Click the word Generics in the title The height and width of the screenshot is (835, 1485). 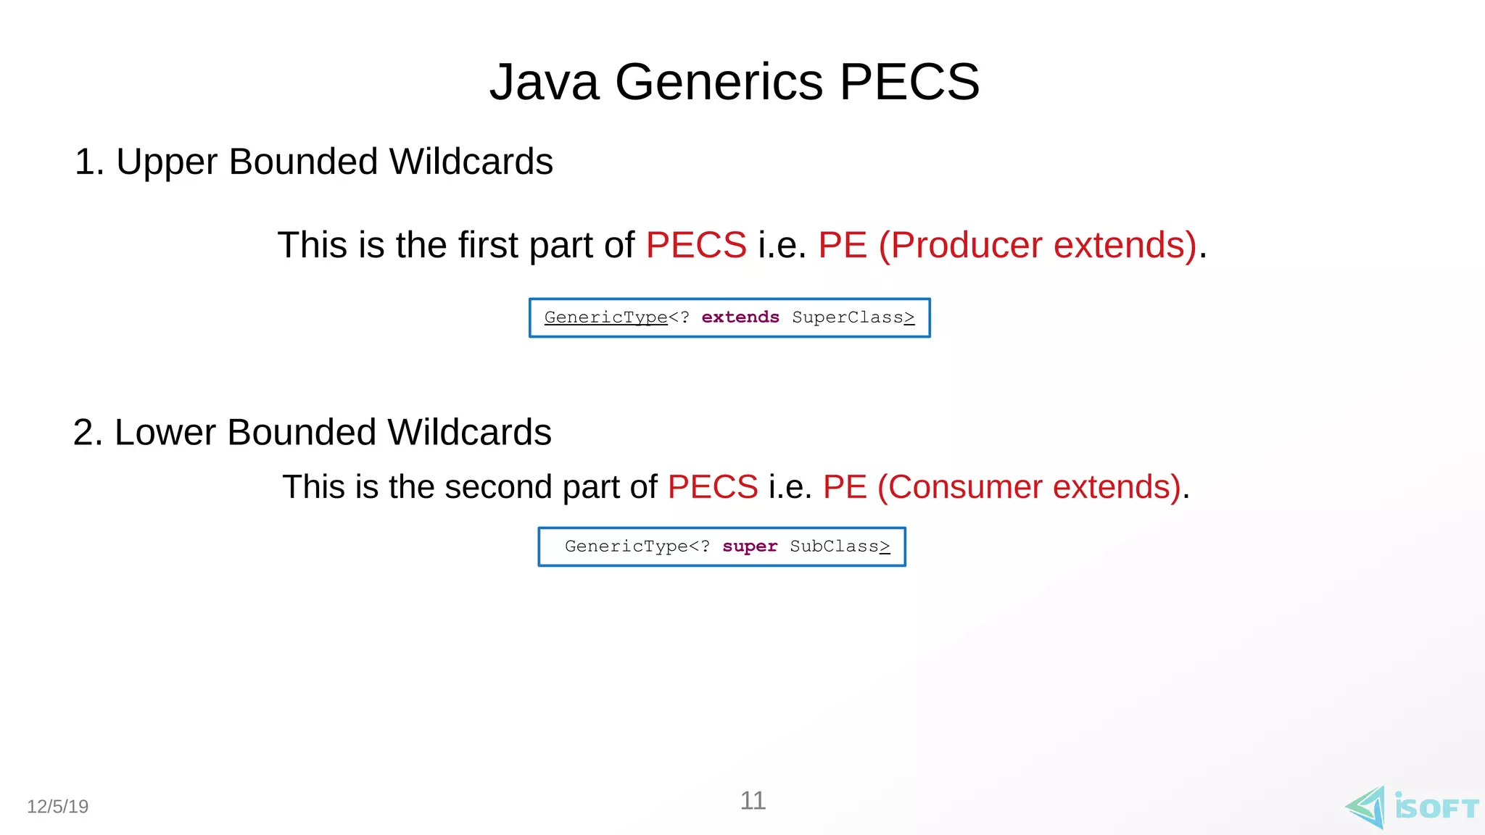click(719, 82)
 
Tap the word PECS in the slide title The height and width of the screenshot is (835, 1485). click(909, 82)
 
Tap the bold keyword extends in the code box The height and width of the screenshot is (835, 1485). click(740, 317)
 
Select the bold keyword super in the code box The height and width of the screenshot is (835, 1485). click(750, 547)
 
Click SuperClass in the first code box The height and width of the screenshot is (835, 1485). click(848, 317)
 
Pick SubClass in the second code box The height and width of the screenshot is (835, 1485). click(835, 547)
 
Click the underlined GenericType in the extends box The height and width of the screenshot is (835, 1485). click(605, 317)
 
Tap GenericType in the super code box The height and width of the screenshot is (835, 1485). click(626, 547)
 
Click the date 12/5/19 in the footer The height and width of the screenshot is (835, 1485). click(58, 807)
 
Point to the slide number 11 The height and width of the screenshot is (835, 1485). click(753, 801)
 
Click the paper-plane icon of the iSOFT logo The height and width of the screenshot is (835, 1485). click(1366, 807)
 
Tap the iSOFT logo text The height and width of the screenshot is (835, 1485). click(1436, 808)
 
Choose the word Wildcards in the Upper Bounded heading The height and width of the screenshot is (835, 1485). click(471, 162)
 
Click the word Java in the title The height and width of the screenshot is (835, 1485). click(545, 82)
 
